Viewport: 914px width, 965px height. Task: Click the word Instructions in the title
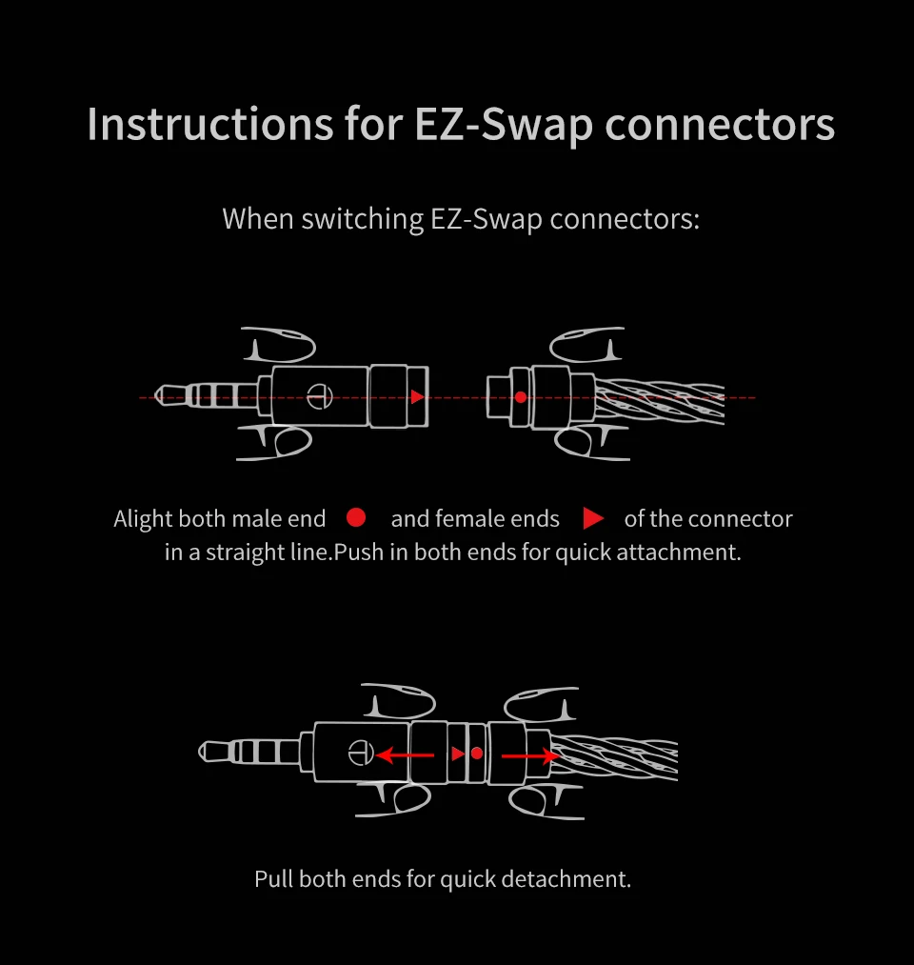tap(210, 125)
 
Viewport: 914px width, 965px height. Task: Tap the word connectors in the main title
tap(720, 126)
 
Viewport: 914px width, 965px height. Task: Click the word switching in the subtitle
tap(363, 220)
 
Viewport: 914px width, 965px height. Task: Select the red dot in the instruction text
tap(356, 517)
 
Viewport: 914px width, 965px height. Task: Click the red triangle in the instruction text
tap(592, 518)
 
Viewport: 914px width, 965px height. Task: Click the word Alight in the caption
tap(144, 519)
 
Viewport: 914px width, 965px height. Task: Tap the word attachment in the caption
tap(679, 553)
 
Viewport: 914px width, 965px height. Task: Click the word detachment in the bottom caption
tap(566, 879)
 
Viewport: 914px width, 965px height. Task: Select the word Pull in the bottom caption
tap(273, 879)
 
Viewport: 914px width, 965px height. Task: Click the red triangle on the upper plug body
tap(417, 397)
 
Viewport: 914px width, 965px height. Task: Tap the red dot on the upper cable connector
tap(521, 397)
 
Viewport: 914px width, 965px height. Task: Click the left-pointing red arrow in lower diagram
tap(405, 754)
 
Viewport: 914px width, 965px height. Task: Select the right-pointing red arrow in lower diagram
tap(530, 755)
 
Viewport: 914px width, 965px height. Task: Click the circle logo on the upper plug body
tap(320, 396)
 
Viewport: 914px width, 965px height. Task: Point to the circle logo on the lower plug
tap(361, 752)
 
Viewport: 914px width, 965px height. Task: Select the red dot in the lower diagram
tap(477, 754)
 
